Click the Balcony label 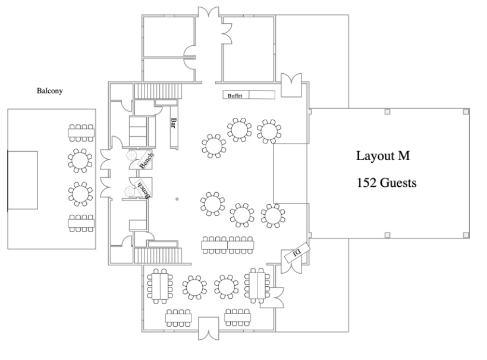pyautogui.click(x=50, y=91)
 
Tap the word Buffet pyautogui.click(x=235, y=96)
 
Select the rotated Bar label pyautogui.click(x=174, y=123)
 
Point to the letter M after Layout pyautogui.click(x=404, y=156)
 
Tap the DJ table pyautogui.click(x=297, y=253)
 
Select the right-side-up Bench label pyautogui.click(x=146, y=160)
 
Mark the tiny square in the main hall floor pyautogui.click(x=177, y=199)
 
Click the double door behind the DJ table pyautogui.click(x=291, y=262)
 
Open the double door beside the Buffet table pyautogui.click(x=291, y=85)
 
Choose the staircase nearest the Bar pyautogui.click(x=158, y=91)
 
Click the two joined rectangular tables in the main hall pyautogui.click(x=227, y=245)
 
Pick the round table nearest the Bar pyautogui.click(x=213, y=146)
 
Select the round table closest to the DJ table pyautogui.click(x=273, y=216)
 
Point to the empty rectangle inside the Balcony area pyautogui.click(x=23, y=180)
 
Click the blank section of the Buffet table pyautogui.click(x=262, y=95)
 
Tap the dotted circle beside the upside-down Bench pyautogui.click(x=130, y=192)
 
